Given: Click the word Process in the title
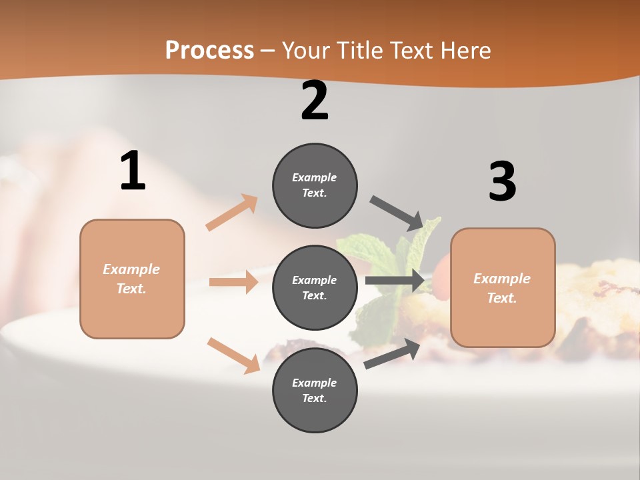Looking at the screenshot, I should pos(209,51).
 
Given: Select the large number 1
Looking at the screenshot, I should pos(133,171).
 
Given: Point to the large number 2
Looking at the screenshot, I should pos(315,101).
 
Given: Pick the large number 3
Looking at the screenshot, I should pos(502,181).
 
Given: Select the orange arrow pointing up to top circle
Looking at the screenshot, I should pos(232,212).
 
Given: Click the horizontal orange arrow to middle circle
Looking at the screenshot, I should pos(234,282).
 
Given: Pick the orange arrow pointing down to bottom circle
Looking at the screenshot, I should pos(234,355).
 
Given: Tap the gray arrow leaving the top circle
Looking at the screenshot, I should pos(397,213).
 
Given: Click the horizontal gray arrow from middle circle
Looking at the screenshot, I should pos(395,281).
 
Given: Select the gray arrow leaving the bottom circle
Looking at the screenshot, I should pos(393,353).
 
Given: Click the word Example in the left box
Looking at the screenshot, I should pos(131,269).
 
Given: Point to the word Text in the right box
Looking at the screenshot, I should pos(501,298).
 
